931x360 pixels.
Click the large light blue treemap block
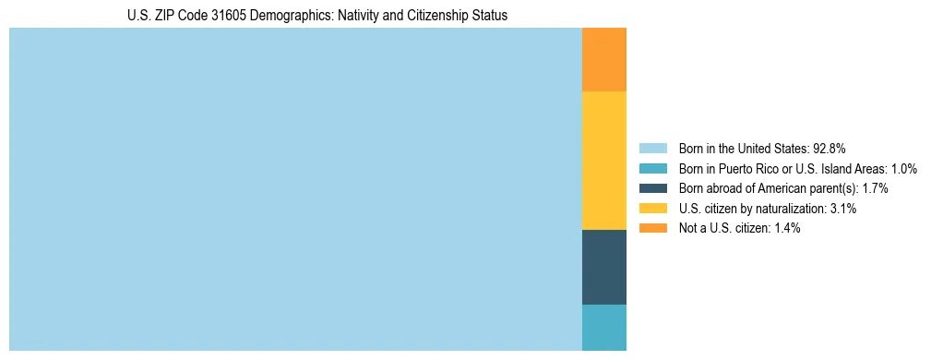(x=295, y=189)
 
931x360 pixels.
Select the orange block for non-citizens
(x=604, y=60)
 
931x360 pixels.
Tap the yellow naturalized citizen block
(x=604, y=161)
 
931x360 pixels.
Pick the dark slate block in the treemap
(x=604, y=267)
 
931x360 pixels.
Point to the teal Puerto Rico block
(x=604, y=327)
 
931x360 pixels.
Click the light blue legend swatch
(x=653, y=149)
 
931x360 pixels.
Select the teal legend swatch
(x=653, y=169)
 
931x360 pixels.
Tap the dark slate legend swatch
(x=653, y=188)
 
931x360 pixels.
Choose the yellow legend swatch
(x=653, y=209)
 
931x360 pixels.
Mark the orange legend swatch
(x=653, y=228)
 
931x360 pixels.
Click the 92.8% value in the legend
(x=830, y=149)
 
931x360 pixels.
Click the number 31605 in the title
(x=205, y=16)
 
